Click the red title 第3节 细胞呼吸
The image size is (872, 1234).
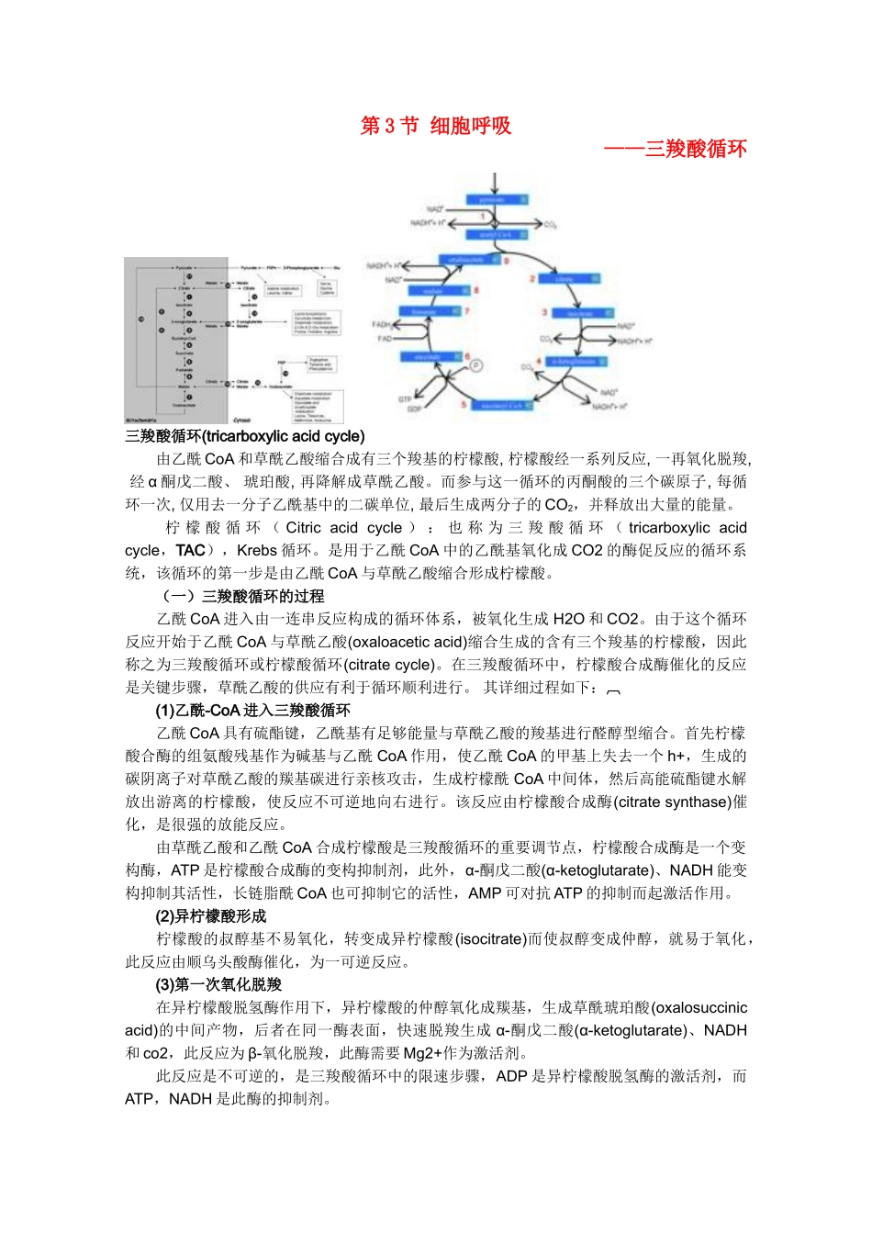[435, 126]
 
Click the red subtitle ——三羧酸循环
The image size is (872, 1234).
[676, 149]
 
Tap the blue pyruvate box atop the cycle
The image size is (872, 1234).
[497, 199]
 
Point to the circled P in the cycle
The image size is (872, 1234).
[475, 365]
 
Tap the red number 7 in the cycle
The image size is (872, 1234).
[466, 311]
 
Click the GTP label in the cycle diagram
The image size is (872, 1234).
[405, 399]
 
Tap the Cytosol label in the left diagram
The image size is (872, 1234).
[241, 420]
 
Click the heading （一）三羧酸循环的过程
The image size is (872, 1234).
[243, 596]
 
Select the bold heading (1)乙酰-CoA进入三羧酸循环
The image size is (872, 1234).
[252, 710]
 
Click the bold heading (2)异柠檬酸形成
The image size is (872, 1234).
[210, 915]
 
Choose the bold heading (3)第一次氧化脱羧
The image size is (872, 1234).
[218, 984]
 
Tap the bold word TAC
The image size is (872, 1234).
[190, 550]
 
